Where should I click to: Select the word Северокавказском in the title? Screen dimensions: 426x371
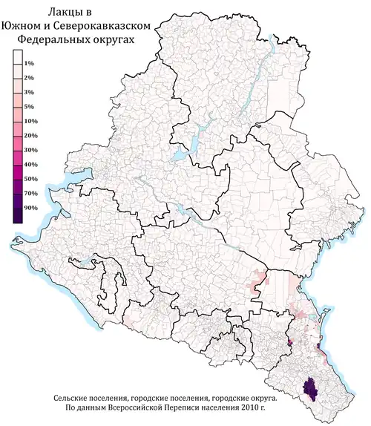click(x=107, y=26)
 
